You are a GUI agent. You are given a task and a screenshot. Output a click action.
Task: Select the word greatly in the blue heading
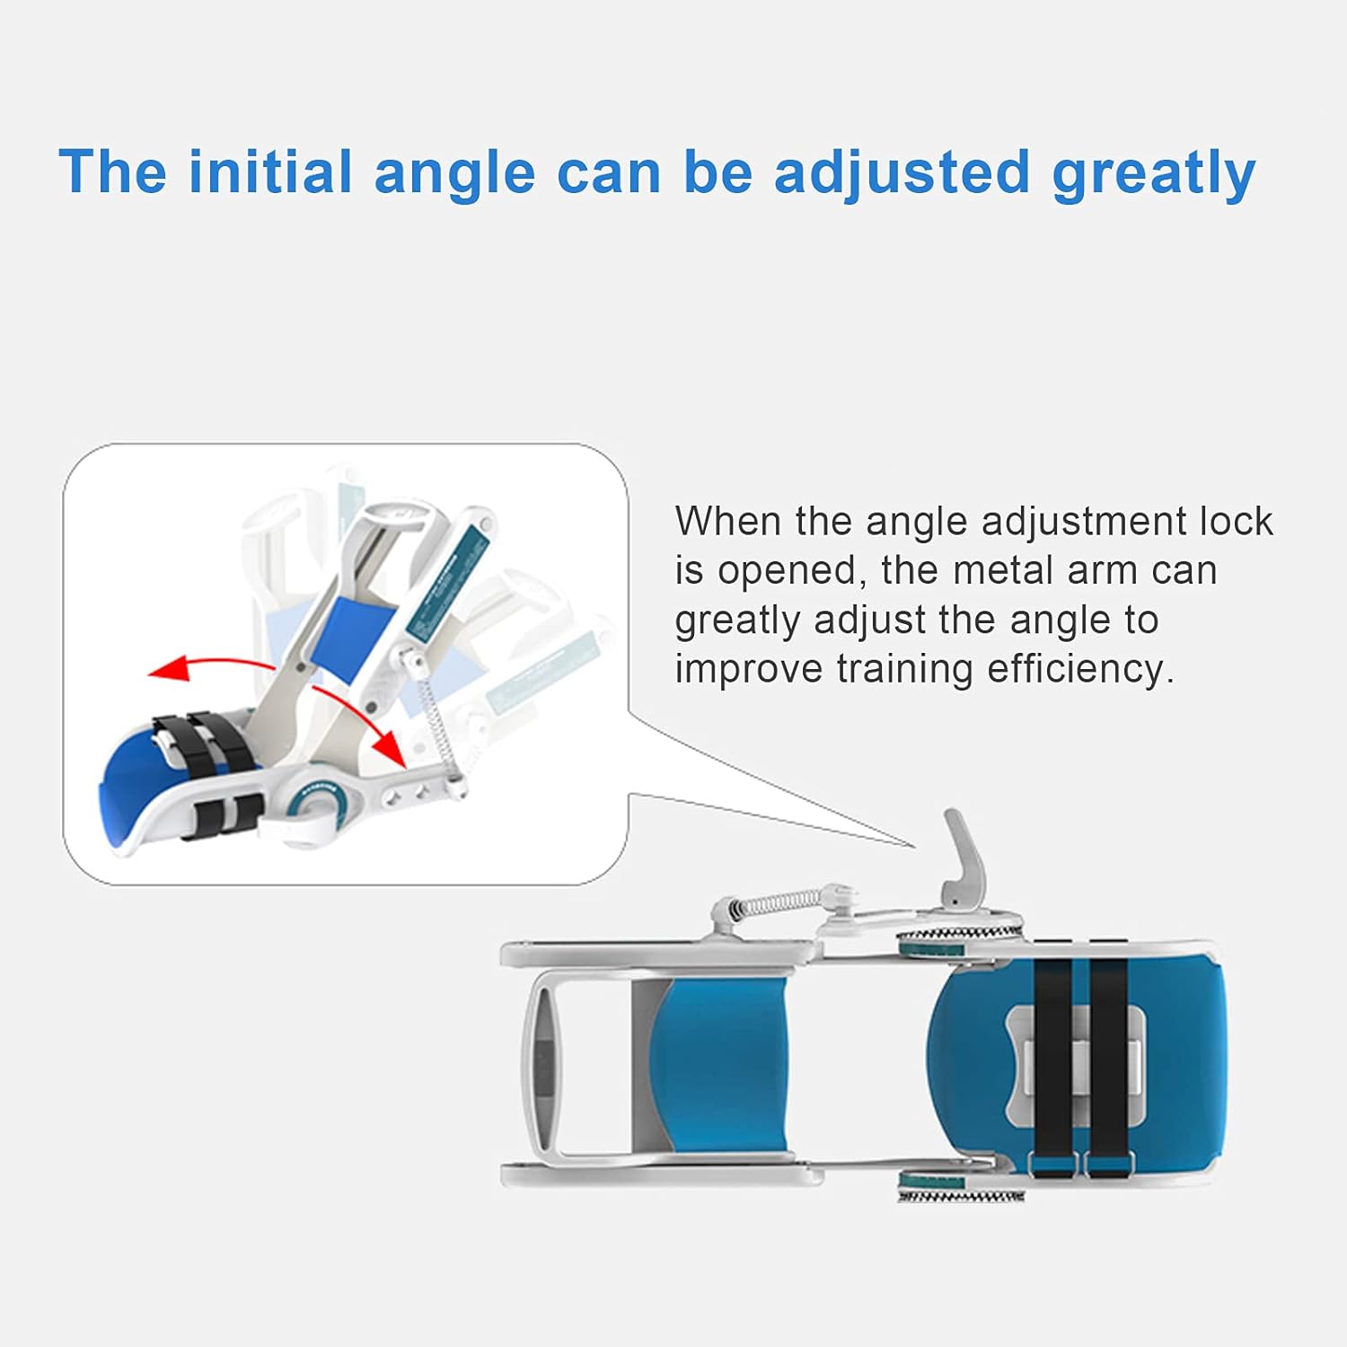[x=1154, y=173]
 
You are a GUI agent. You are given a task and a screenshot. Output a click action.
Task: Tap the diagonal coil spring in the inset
[x=436, y=718]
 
